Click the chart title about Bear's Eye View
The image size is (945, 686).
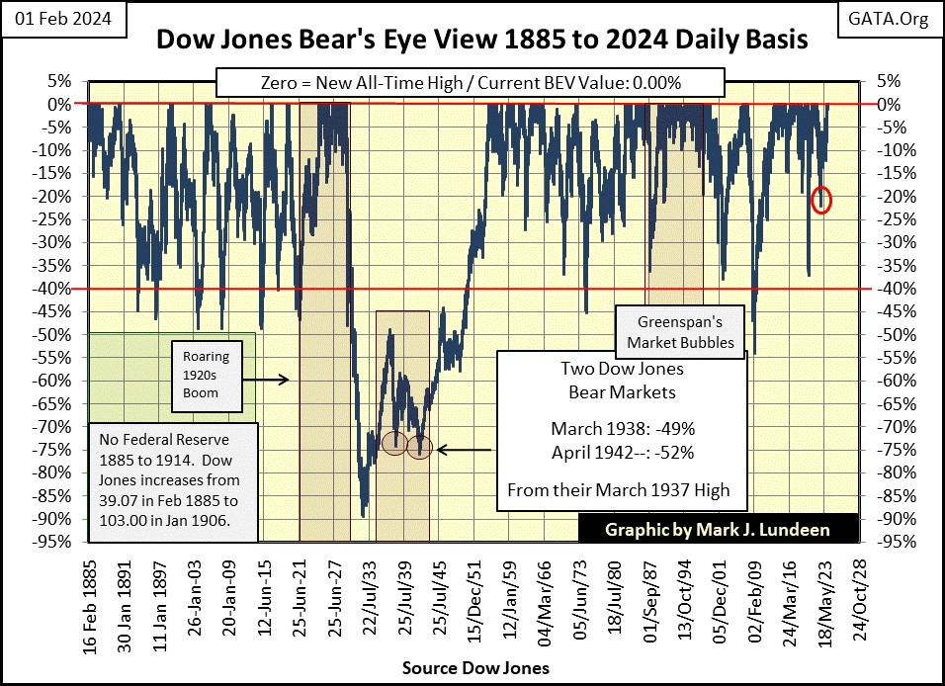pos(472,41)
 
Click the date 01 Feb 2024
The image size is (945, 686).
pos(60,19)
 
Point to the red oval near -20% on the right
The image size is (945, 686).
pos(821,200)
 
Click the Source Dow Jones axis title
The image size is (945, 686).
pos(472,668)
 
